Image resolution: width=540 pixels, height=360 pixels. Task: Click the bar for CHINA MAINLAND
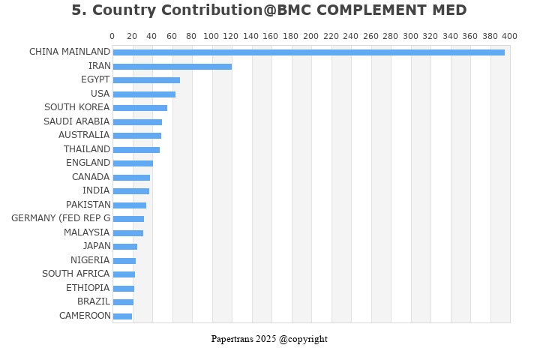[x=308, y=52]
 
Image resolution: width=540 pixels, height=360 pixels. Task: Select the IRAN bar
[x=172, y=66]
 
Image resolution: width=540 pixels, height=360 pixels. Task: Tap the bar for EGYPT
[x=146, y=80]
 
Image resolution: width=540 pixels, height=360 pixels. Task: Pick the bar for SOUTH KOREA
[x=139, y=108]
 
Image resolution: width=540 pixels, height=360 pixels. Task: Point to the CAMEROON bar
[x=122, y=316]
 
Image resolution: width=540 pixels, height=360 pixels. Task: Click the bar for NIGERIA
[x=124, y=261]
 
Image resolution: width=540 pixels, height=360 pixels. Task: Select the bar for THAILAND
[x=136, y=149]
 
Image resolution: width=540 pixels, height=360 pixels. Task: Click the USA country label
[x=100, y=94]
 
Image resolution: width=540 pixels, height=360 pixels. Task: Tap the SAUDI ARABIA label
[x=76, y=121]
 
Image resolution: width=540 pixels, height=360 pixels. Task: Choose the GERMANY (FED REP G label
[x=61, y=218]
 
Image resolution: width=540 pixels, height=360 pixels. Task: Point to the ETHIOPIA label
[x=88, y=288]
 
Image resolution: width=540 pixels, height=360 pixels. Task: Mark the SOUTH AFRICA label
[x=76, y=274]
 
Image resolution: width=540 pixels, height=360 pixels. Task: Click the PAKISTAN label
[x=88, y=205]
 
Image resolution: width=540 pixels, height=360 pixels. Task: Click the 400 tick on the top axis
[x=509, y=36]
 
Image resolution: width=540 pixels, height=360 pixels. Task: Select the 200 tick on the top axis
[x=310, y=36]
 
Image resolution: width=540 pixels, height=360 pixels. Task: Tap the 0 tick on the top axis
[x=112, y=36]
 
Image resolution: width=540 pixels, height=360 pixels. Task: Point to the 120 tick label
[x=231, y=36]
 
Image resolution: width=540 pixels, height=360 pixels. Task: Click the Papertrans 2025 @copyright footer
[x=269, y=339]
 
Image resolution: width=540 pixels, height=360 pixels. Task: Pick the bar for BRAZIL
[x=123, y=302]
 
